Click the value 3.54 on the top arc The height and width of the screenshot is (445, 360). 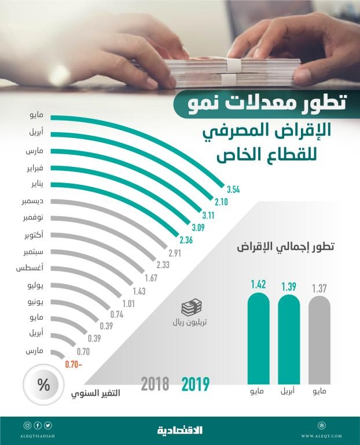pyautogui.click(x=233, y=189)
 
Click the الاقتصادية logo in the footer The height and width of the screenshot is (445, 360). pyautogui.click(x=179, y=430)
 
